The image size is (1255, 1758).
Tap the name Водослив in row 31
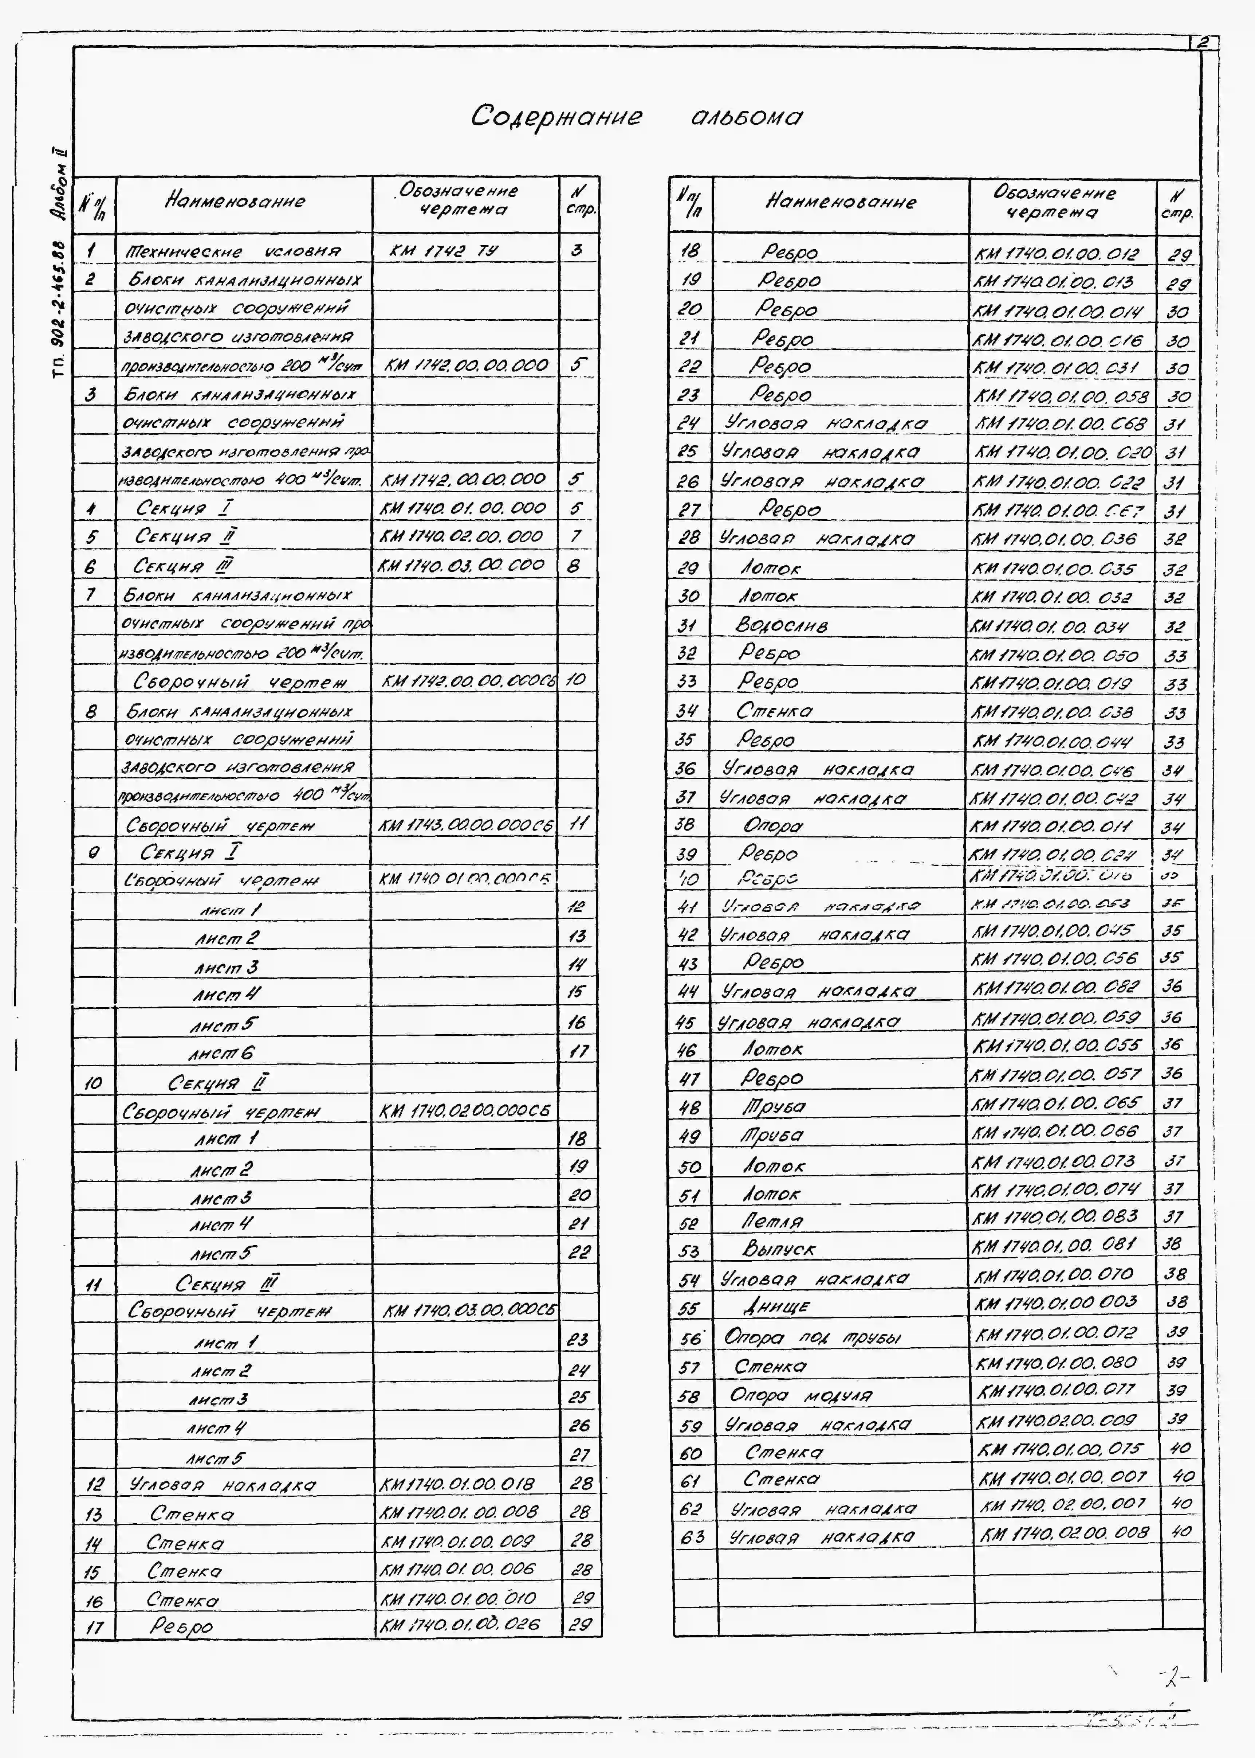pyautogui.click(x=781, y=625)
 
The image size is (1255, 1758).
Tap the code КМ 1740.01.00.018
pyautogui.click(x=457, y=1484)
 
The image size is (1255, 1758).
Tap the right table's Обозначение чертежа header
pyautogui.click(x=1054, y=203)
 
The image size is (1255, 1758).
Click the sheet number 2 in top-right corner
pyautogui.click(x=1203, y=43)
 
